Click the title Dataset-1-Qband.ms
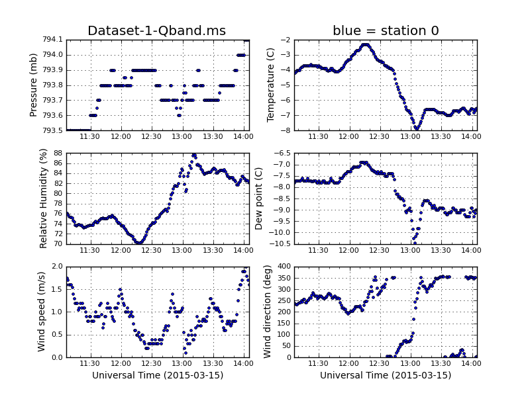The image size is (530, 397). [157, 31]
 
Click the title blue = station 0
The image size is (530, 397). [386, 31]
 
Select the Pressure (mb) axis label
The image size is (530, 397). [34, 85]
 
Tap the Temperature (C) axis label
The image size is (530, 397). [270, 85]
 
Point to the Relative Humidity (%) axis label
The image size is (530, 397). [44, 198]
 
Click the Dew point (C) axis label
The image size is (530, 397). [260, 198]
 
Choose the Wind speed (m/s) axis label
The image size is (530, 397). [41, 312]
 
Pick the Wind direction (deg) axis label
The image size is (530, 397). [268, 312]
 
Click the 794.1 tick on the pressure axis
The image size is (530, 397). [50, 40]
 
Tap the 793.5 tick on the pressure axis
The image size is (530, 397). [50, 130]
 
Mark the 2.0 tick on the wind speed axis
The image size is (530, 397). [56, 267]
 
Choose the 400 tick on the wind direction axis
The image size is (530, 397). [282, 267]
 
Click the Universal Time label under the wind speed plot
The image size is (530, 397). [158, 375]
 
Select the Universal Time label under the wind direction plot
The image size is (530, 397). [386, 375]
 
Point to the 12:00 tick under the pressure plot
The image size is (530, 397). [121, 136]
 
